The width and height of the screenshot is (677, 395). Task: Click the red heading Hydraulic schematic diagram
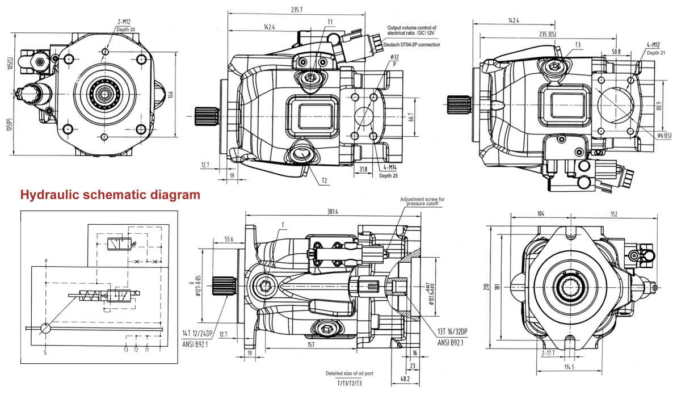click(x=110, y=195)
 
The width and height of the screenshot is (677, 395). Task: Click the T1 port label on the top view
click(x=330, y=22)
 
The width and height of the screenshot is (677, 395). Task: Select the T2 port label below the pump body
click(x=323, y=180)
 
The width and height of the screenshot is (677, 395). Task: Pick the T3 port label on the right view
click(x=578, y=44)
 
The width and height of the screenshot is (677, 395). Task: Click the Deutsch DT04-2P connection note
click(x=413, y=44)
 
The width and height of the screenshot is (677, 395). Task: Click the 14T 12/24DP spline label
click(x=198, y=333)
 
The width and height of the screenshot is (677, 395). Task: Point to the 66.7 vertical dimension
click(x=410, y=117)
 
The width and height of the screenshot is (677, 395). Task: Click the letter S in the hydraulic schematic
click(x=45, y=352)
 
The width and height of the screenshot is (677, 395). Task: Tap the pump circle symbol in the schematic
click(x=45, y=328)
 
